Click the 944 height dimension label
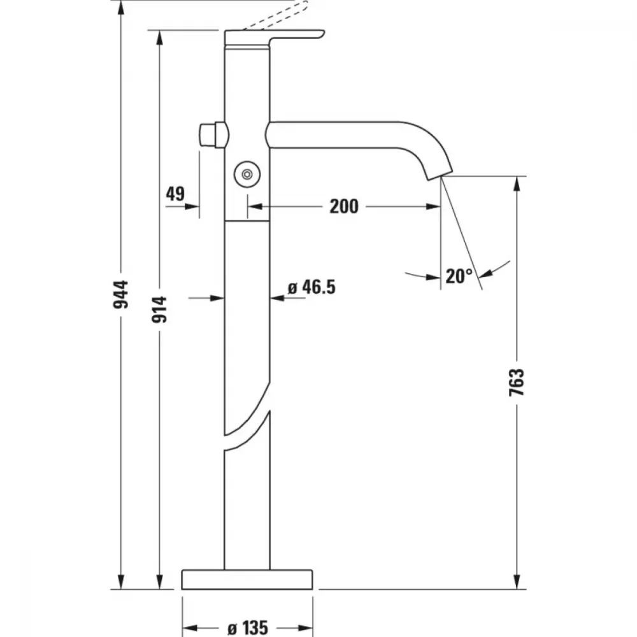click(x=120, y=294)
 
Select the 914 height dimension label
click(x=159, y=310)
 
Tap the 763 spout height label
click(x=517, y=382)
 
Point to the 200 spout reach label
click(x=344, y=206)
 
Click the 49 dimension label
click(x=176, y=194)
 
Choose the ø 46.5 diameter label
click(x=311, y=287)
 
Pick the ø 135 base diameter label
click(x=248, y=628)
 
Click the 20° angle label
click(x=459, y=276)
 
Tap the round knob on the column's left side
click(x=213, y=134)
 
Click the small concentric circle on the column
click(x=247, y=175)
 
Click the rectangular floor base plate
click(x=247, y=580)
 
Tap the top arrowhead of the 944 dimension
click(x=120, y=9)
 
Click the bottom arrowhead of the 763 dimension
click(x=517, y=581)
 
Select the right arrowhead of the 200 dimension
click(x=433, y=206)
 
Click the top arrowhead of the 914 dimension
click(x=159, y=38)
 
